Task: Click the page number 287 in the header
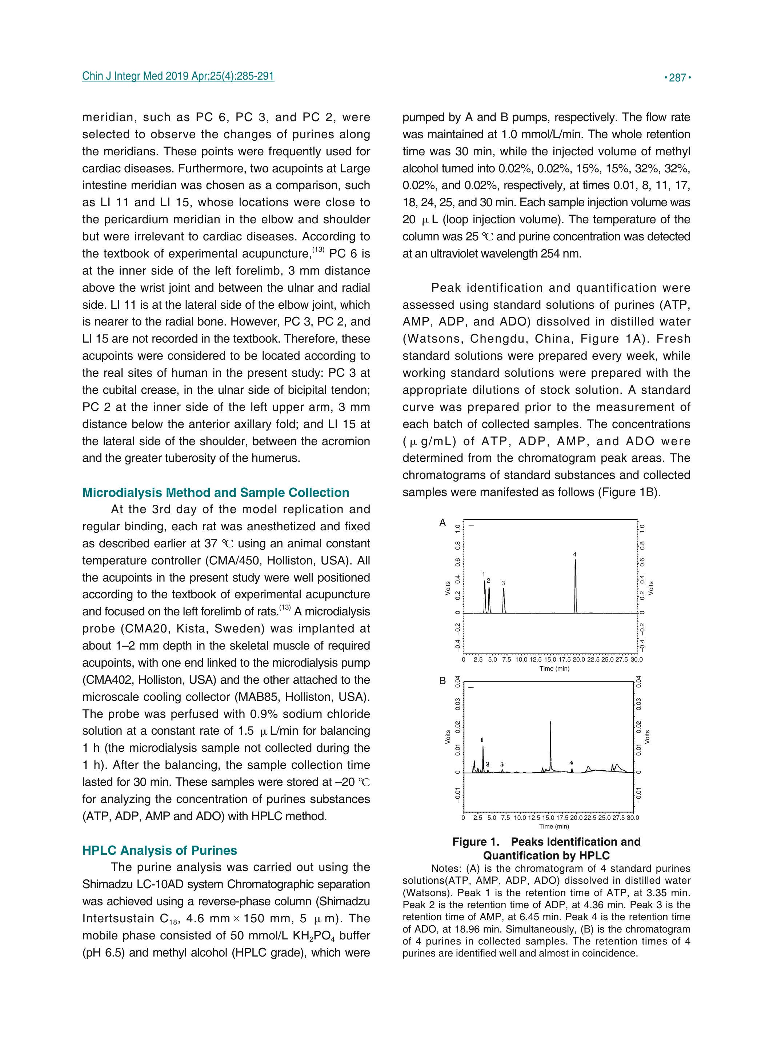(677, 78)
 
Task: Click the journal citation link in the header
(178, 76)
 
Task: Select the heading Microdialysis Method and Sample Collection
(216, 492)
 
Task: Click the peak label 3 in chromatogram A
(503, 583)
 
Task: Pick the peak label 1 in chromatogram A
(484, 574)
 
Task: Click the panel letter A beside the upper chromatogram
(442, 523)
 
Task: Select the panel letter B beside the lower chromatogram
(442, 681)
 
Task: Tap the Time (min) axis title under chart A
(554, 668)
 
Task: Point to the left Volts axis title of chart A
(448, 588)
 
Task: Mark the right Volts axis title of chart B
(648, 737)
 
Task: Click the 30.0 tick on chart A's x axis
(636, 660)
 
